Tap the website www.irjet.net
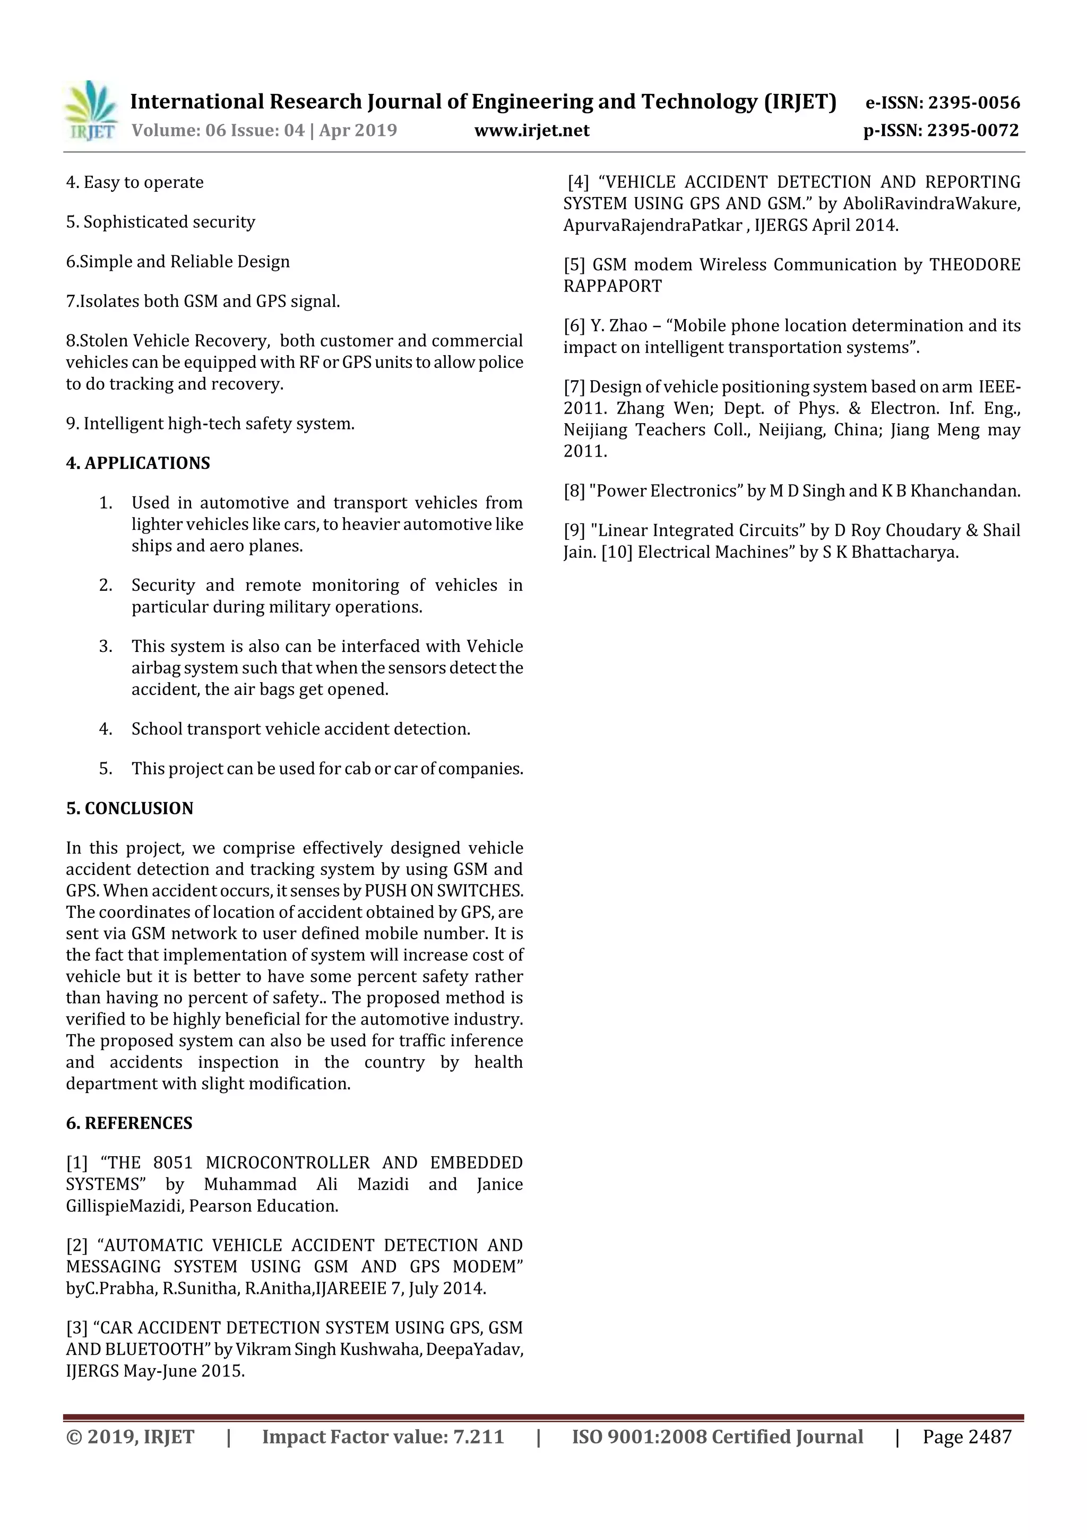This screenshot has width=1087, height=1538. [x=532, y=131]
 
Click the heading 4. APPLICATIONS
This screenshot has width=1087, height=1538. [x=138, y=463]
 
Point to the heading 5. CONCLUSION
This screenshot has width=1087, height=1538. [x=130, y=809]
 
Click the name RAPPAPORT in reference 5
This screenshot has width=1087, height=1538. [x=612, y=286]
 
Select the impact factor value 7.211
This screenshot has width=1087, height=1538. [x=478, y=1437]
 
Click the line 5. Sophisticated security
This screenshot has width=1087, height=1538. [x=161, y=222]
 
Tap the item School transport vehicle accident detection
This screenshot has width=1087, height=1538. [x=301, y=729]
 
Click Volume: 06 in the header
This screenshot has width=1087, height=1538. [x=178, y=131]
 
